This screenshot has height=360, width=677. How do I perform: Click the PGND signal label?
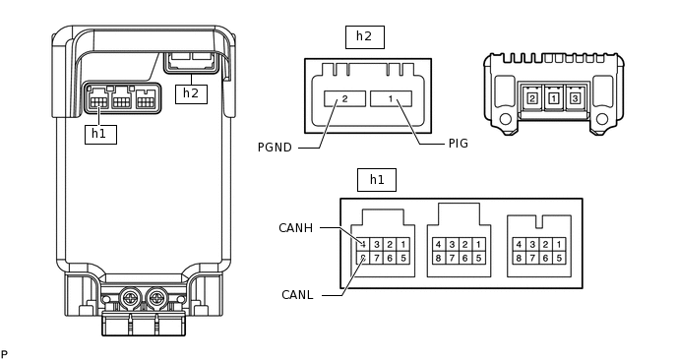[275, 148]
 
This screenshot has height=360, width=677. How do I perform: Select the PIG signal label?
[459, 144]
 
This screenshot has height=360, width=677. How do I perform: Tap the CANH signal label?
[296, 228]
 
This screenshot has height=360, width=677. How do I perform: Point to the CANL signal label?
[297, 295]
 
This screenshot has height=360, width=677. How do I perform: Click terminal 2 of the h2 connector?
[345, 98]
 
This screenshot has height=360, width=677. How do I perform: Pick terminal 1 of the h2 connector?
[391, 98]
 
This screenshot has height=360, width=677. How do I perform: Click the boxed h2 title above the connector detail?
[365, 37]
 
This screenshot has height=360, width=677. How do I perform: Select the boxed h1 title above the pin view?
[377, 180]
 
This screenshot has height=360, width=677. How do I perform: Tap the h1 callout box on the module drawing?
[100, 134]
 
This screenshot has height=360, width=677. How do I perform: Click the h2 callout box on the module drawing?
[191, 94]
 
